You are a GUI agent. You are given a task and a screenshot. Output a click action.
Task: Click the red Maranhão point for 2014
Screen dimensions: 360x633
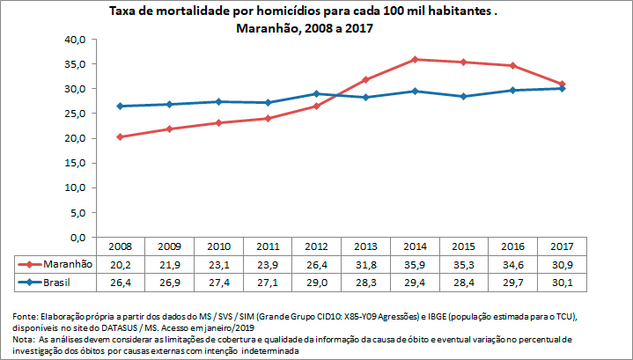[x=414, y=59]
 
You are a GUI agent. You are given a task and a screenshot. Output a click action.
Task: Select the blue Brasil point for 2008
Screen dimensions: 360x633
[x=119, y=107]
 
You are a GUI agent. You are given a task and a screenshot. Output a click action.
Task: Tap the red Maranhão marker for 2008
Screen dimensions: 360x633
[x=119, y=136]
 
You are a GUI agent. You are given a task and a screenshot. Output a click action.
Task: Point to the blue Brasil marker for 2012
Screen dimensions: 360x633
[x=315, y=93]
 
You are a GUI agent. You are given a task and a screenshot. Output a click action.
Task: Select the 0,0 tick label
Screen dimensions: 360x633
[x=77, y=238]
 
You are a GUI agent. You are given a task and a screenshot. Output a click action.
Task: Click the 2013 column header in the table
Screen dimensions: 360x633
[x=364, y=246]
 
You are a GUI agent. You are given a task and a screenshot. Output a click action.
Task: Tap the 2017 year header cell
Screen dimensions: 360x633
[x=562, y=246]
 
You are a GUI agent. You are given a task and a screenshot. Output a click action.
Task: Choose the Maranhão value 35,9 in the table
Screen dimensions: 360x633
[x=414, y=264]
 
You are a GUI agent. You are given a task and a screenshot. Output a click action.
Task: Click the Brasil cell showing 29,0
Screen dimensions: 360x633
[x=315, y=283]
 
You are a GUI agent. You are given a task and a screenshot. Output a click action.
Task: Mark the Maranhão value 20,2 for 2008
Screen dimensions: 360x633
[x=119, y=264]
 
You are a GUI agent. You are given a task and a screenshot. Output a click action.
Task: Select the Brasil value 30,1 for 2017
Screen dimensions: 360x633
[x=562, y=283]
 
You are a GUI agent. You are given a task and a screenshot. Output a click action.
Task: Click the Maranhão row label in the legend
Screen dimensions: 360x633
[x=67, y=264]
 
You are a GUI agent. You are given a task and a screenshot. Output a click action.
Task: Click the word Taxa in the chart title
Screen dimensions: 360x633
[x=123, y=11]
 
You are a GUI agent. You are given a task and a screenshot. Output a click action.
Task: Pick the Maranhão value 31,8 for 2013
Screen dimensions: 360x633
[x=364, y=264]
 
